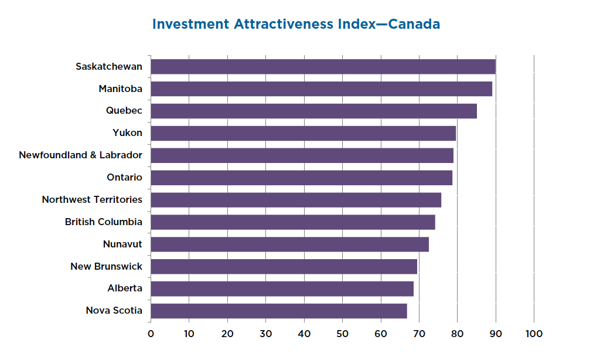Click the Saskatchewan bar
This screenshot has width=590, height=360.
coord(323,67)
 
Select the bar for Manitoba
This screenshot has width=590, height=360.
coord(321,89)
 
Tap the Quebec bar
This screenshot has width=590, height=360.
coord(313,111)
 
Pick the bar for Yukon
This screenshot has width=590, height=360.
coord(303,133)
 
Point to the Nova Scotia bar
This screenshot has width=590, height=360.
coord(278,311)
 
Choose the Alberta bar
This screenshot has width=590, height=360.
coord(282,288)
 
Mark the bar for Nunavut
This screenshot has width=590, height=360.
coord(289,244)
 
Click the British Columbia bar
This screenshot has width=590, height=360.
coord(292,222)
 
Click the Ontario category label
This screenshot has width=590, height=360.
coord(124,178)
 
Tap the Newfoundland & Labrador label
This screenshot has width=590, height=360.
coord(80,155)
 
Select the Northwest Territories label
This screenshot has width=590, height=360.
coord(92,200)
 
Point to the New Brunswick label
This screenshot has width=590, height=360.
coord(106,267)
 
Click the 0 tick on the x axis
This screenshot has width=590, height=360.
coord(151,334)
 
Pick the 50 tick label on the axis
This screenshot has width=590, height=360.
coord(342,334)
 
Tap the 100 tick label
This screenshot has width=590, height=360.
coord(534,334)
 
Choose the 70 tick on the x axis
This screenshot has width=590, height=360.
coord(419,334)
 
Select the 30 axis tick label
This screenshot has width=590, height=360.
coord(265,334)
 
